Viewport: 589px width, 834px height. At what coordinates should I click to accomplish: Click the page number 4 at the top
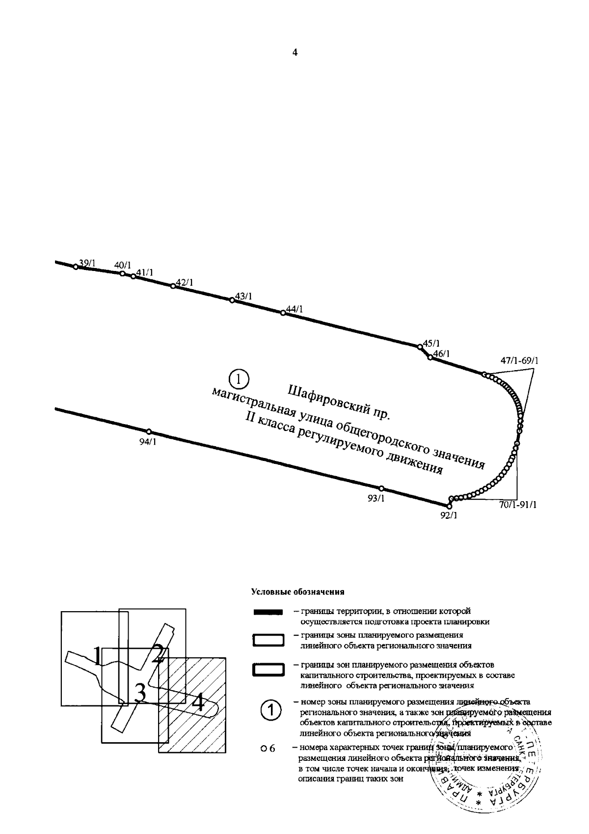[294, 53]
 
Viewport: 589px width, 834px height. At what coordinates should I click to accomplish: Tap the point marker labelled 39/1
[76, 267]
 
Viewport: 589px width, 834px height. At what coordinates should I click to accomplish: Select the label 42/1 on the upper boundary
[185, 283]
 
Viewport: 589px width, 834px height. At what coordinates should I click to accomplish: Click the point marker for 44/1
[283, 313]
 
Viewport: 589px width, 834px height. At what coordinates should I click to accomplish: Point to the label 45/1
[431, 343]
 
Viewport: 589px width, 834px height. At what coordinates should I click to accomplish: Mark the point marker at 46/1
[430, 357]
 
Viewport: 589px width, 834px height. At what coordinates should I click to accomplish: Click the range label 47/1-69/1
[519, 361]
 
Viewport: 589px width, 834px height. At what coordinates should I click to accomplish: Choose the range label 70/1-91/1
[517, 505]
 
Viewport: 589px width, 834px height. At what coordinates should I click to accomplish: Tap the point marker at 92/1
[449, 506]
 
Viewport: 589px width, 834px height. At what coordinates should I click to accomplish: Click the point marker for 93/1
[381, 488]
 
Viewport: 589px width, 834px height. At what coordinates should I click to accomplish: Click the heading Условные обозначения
[297, 592]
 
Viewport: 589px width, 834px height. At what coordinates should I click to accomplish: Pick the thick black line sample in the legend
[268, 612]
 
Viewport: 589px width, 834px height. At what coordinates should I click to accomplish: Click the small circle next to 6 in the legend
[263, 749]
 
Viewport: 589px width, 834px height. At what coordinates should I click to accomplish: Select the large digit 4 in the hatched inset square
[198, 702]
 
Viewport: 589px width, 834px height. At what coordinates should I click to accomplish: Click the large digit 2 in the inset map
[158, 653]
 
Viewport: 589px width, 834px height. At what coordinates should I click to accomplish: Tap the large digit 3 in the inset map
[140, 693]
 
